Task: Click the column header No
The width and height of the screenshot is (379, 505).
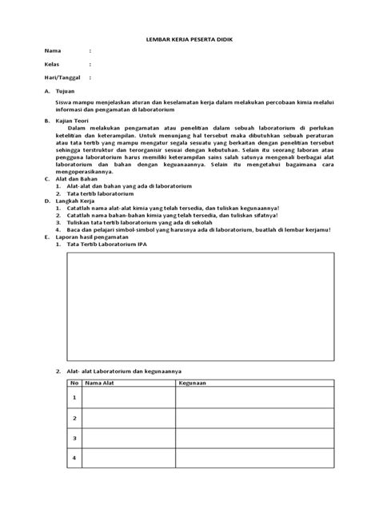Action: [74, 383]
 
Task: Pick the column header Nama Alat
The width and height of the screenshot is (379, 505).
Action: [102, 383]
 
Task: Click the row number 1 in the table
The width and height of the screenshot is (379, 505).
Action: [74, 397]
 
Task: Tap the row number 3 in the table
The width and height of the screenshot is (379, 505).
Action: [74, 438]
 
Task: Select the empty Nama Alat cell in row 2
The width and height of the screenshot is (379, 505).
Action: [128, 418]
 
